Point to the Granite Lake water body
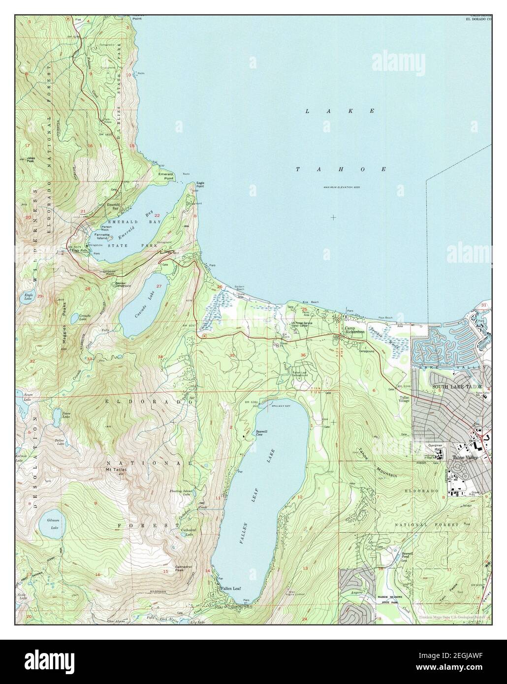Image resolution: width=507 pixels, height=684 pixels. (74, 319)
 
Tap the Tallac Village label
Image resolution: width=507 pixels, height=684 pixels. (405, 399)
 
